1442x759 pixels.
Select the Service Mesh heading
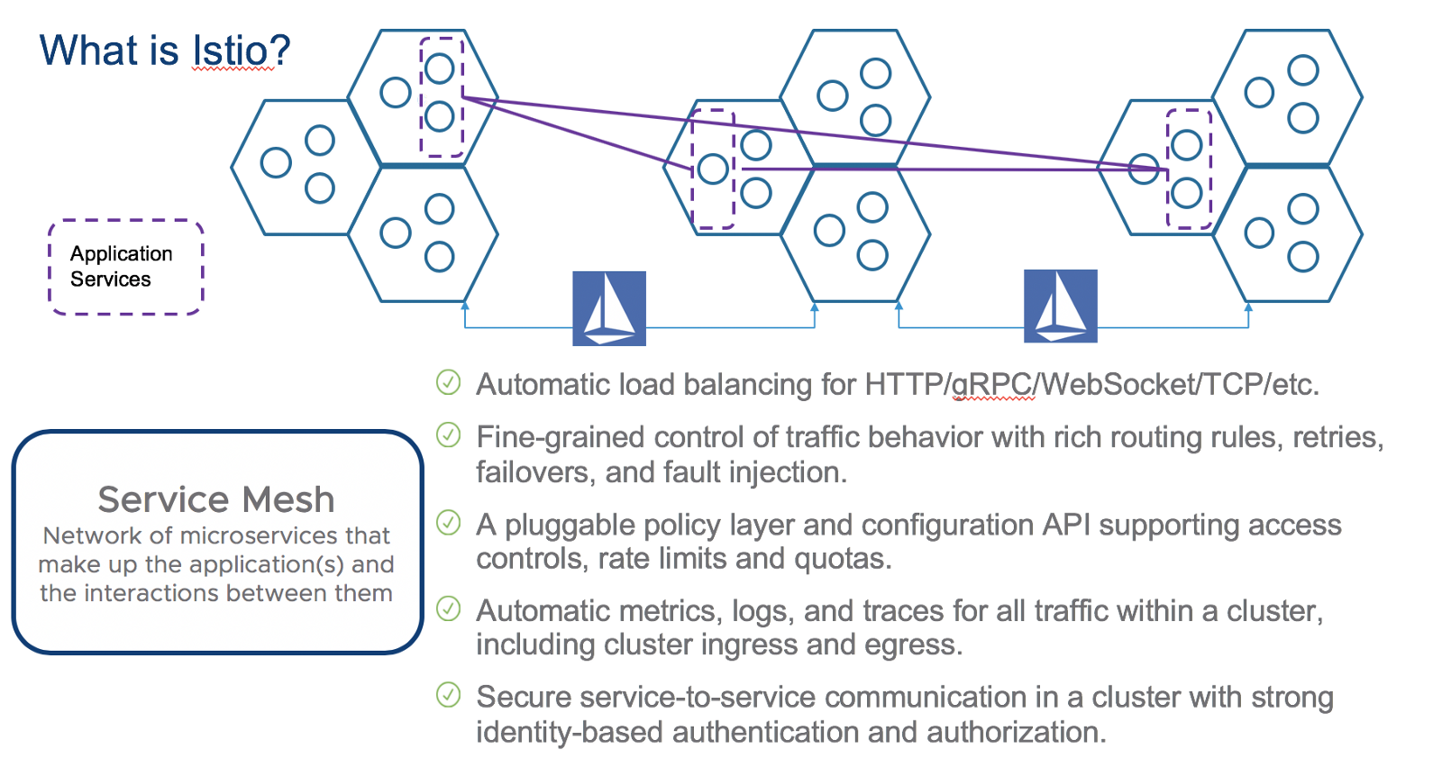click(x=216, y=499)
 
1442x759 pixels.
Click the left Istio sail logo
click(x=609, y=308)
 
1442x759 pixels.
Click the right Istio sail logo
click(x=1060, y=306)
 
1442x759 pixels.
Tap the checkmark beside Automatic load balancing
click(x=448, y=382)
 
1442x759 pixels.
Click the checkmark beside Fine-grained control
click(x=448, y=435)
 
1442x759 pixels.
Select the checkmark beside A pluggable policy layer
click(x=448, y=523)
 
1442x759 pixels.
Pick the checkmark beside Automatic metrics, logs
click(x=448, y=608)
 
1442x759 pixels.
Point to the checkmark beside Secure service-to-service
click(x=448, y=695)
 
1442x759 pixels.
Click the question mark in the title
click(x=279, y=50)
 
